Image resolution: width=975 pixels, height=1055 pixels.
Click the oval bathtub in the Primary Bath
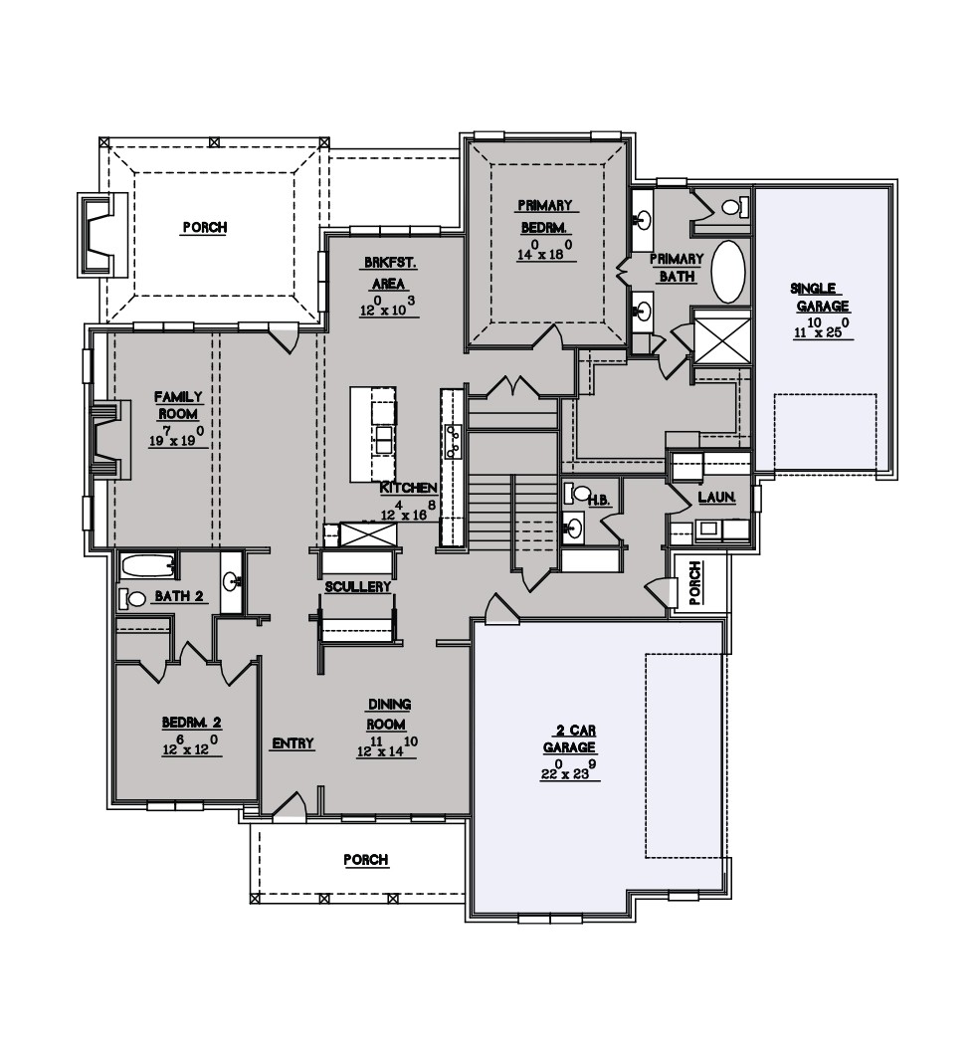(x=728, y=272)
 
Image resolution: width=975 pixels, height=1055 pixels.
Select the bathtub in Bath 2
(x=148, y=566)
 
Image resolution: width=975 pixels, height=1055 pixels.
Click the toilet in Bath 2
(x=132, y=597)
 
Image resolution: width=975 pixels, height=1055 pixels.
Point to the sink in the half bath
(x=574, y=527)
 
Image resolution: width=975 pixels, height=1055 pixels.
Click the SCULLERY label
(x=358, y=586)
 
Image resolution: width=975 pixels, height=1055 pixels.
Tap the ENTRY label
(x=292, y=743)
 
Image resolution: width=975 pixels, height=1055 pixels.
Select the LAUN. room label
(x=716, y=498)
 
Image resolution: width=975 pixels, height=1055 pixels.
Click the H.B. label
(x=599, y=501)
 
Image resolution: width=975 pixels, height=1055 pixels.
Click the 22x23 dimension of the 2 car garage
(x=569, y=770)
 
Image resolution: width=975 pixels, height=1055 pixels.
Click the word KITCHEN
(x=409, y=489)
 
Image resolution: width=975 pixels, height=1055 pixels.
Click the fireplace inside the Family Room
(x=108, y=440)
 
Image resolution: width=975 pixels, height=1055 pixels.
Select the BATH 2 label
(x=179, y=597)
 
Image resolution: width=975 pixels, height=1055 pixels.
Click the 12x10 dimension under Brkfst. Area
(x=389, y=307)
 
